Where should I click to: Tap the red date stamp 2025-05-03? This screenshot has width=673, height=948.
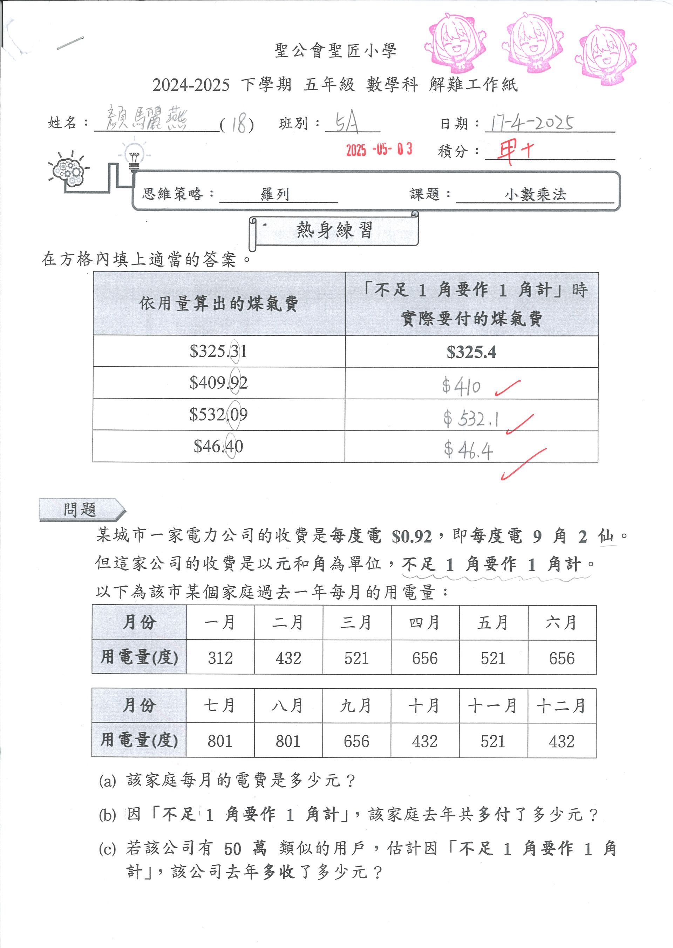[x=379, y=149]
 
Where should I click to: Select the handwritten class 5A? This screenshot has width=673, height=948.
[x=347, y=123]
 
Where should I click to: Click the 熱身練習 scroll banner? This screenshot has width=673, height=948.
[x=334, y=230]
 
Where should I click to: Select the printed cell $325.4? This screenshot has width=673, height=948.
[x=471, y=352]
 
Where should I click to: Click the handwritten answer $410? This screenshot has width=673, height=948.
[x=461, y=387]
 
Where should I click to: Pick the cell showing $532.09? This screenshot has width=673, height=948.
[x=218, y=414]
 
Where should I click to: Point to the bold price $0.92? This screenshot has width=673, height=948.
[x=412, y=536]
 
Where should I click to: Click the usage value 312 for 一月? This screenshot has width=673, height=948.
[x=220, y=658]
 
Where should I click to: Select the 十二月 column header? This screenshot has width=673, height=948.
[x=562, y=706]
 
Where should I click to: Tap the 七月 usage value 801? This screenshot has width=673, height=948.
[x=220, y=741]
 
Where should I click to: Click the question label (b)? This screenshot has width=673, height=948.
[x=107, y=815]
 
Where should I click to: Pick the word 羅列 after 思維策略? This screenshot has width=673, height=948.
[x=275, y=194]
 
